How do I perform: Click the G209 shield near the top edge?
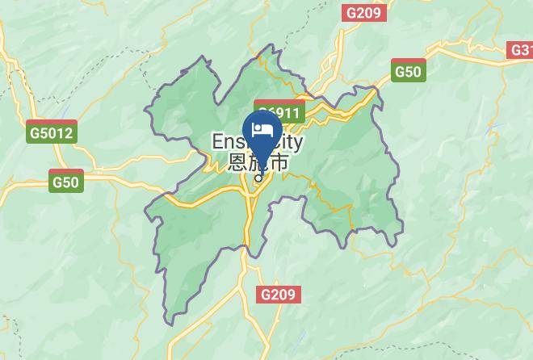coord(364,12)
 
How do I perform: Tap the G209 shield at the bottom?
coord(279,295)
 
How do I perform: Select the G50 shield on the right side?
coord(408,70)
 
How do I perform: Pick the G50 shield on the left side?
coord(65,181)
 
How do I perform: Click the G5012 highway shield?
coord(51,132)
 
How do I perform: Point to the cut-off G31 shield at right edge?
coord(522,50)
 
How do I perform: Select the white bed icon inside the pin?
coord(262,130)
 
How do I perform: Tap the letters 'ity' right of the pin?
coord(292,142)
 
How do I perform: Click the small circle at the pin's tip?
coord(259,172)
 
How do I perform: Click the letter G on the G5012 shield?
coord(34,133)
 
